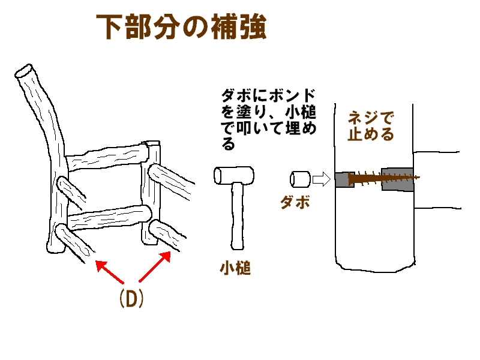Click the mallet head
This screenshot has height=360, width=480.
(234, 175)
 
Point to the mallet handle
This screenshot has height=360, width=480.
(236, 216)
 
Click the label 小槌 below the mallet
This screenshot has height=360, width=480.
(235, 268)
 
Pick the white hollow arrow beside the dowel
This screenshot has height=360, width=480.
(322, 179)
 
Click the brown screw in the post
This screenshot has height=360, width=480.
(384, 178)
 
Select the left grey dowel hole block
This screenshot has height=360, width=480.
(344, 179)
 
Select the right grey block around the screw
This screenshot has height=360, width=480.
(397, 179)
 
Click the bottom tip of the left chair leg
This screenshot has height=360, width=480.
(55, 250)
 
